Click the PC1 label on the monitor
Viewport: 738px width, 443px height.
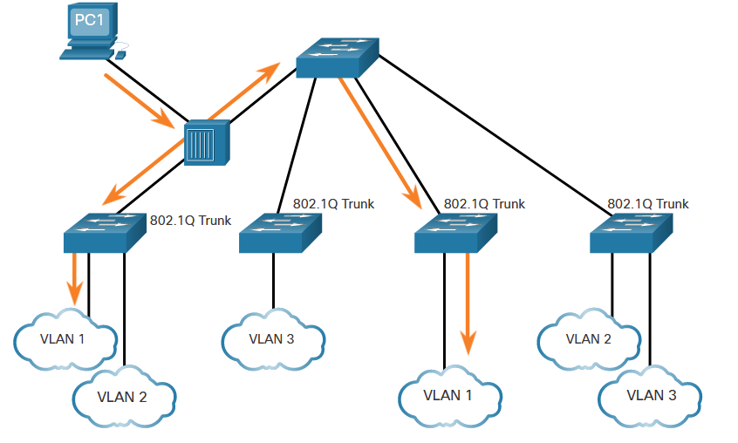tap(87, 19)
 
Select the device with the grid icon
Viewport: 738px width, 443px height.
tap(207, 142)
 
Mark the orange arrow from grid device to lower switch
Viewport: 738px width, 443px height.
tap(140, 172)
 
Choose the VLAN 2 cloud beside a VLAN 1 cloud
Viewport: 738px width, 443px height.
tap(121, 397)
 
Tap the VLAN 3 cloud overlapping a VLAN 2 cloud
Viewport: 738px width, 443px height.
tap(651, 395)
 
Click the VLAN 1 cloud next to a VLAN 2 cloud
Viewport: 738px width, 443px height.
tap(63, 338)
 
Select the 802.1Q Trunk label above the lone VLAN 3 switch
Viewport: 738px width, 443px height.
tap(333, 204)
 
